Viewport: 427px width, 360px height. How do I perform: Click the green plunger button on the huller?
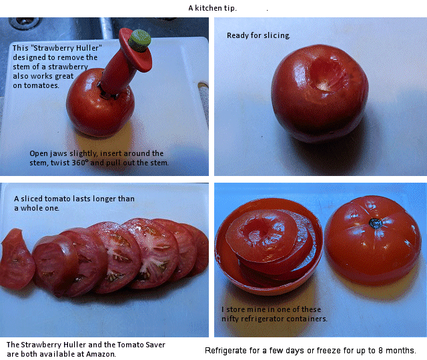pos(139,41)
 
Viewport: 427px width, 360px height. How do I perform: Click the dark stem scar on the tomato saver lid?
pos(376,223)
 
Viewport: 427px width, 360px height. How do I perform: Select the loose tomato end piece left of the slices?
pos(17,259)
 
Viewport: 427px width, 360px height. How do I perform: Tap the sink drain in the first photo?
pos(25,23)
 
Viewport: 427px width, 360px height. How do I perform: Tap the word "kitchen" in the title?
pos(208,8)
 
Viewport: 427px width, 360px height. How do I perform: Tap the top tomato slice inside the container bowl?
pos(262,235)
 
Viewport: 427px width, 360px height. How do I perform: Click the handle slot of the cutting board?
pos(203,93)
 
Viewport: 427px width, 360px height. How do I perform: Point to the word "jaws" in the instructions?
pos(59,154)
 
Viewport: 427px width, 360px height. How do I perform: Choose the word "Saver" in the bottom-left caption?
pos(155,345)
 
